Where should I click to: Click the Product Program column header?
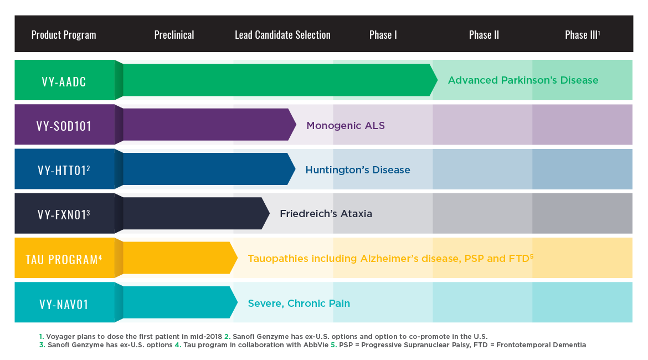pos(64,35)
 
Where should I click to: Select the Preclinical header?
pos(174,35)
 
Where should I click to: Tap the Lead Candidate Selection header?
pos(282,35)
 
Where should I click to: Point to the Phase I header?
pos(383,35)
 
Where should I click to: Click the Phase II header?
pos(484,35)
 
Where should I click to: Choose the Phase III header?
pos(582,35)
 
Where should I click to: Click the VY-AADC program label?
pos(64,81)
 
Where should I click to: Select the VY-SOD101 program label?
pos(64,126)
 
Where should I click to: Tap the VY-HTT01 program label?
pos(64,170)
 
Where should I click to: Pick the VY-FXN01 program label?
pos(64,214)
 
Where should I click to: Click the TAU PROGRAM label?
pos(64,259)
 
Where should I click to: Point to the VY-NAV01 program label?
pos(64,304)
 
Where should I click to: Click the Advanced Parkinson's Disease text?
pos(523,80)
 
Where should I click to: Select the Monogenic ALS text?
pos(346,126)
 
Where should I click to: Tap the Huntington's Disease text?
pos(358,170)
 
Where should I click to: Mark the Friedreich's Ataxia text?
pos(326,214)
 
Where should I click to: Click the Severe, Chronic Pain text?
pos(299,304)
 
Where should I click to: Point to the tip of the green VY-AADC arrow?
pos(437,80)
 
